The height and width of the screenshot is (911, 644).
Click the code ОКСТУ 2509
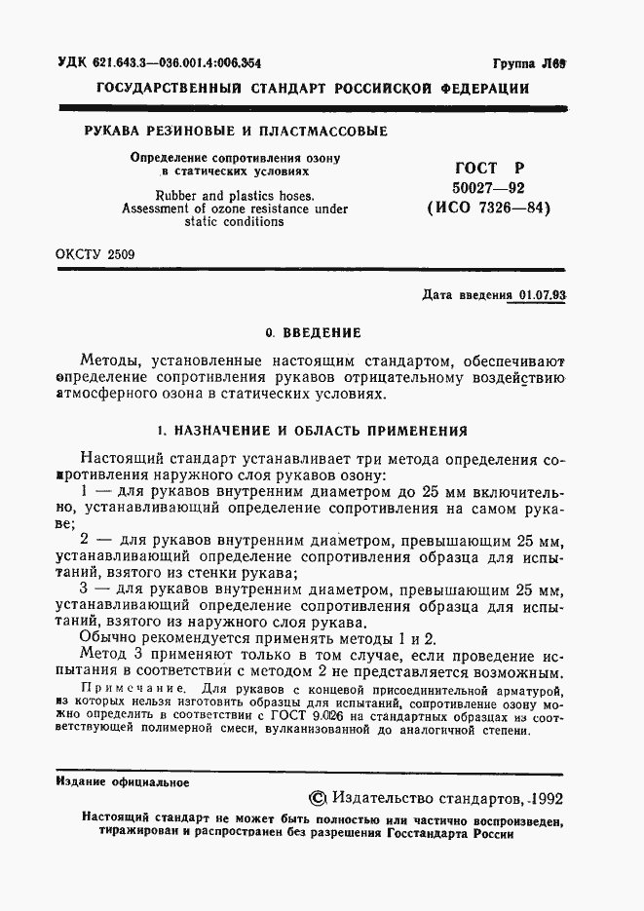coord(95,256)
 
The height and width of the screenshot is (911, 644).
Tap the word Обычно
coord(112,639)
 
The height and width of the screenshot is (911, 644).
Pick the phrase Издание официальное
coord(123,781)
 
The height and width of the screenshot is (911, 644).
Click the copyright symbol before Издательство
coord(316,798)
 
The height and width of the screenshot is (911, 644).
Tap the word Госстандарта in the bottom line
coord(435,835)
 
